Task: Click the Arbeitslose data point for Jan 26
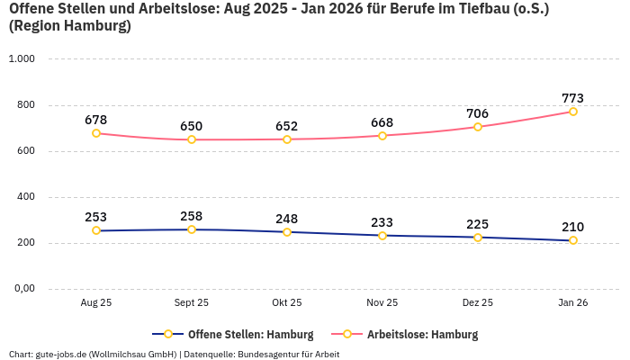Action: coord(572,112)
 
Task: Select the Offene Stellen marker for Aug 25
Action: coord(96,230)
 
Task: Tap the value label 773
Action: coord(572,98)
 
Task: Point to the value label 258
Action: coord(192,216)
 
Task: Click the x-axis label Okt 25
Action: coord(287,303)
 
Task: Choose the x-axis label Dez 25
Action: coord(477,303)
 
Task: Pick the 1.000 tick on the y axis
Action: coord(21,59)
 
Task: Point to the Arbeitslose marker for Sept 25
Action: coord(192,139)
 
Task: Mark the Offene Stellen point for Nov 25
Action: coord(382,236)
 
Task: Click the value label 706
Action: coord(477,113)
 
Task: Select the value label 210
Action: coord(572,227)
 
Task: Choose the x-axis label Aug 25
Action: coord(96,303)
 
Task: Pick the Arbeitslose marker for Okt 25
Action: coord(287,139)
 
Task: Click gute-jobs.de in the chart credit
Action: coord(59,354)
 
